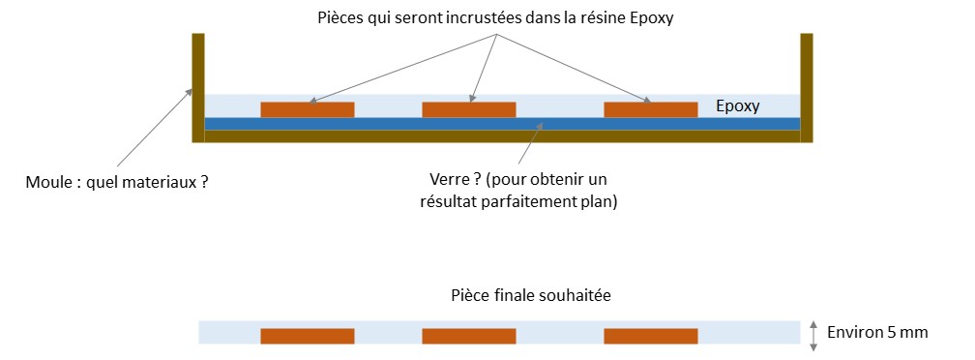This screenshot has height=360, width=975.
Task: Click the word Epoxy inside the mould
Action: tap(737, 106)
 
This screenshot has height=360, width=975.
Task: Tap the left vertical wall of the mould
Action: tap(198, 88)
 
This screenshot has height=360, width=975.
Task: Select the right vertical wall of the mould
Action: tap(807, 88)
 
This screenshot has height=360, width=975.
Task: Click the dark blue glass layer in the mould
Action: tap(502, 124)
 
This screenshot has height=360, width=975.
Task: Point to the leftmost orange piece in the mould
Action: tap(308, 109)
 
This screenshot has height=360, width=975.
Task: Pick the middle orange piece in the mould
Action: tap(469, 109)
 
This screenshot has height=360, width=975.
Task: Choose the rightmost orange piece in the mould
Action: tap(650, 109)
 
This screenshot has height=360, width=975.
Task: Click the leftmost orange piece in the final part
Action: tap(308, 337)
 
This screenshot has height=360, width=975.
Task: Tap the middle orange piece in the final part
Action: tap(469, 337)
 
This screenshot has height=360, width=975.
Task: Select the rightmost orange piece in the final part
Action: tap(650, 337)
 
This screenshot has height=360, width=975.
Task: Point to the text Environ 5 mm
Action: tap(877, 333)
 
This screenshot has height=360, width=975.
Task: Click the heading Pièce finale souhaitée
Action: tap(531, 295)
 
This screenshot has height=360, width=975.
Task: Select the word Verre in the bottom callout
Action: tap(448, 180)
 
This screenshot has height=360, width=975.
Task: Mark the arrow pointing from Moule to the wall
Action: tap(154, 127)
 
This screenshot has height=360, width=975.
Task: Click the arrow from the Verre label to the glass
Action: tap(530, 143)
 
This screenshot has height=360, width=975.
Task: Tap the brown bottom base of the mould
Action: tap(502, 136)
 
